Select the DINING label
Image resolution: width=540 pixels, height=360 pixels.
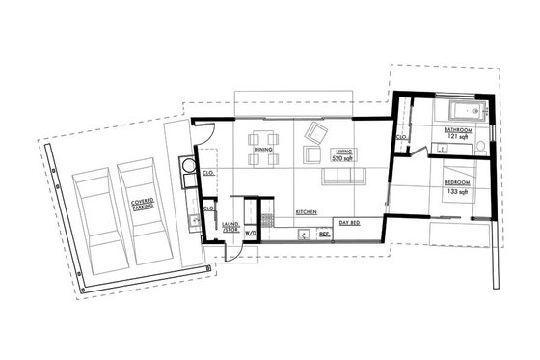click(x=262, y=151)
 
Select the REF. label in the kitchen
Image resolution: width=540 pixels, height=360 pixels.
click(x=324, y=234)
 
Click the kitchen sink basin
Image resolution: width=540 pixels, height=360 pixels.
click(x=303, y=233)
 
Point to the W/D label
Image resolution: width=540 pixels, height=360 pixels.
click(x=251, y=233)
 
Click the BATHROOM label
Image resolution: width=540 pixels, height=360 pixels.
click(x=458, y=129)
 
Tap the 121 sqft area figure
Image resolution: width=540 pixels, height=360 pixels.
click(x=458, y=137)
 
